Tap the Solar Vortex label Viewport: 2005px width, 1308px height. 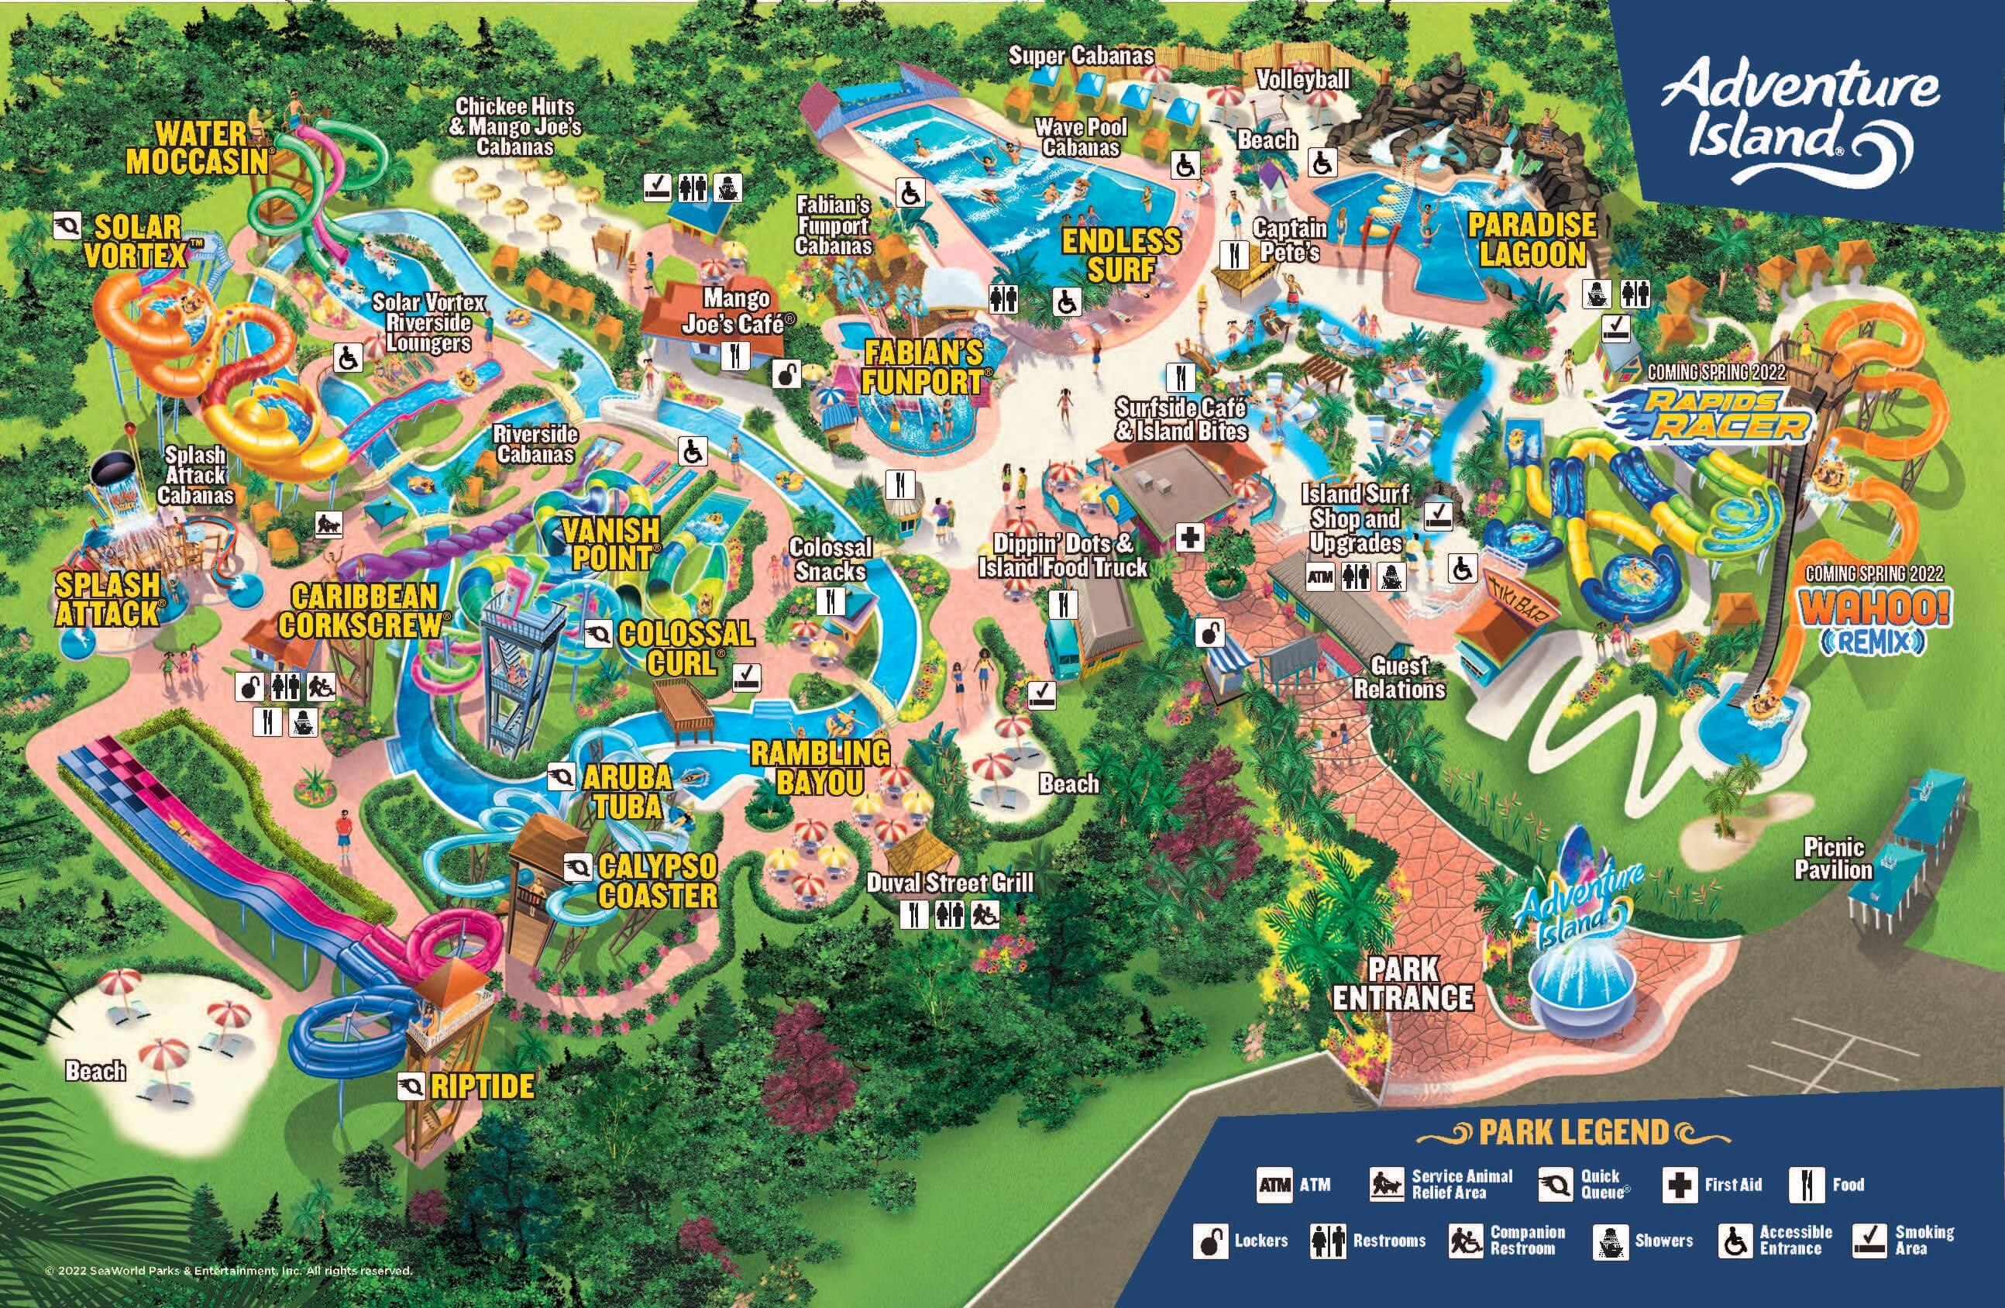tap(136, 241)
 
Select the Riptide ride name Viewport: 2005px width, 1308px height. tap(482, 1086)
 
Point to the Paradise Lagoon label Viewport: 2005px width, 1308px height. tap(1532, 239)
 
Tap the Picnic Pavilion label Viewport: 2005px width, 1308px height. tap(1833, 859)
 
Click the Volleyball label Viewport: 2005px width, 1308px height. tap(1302, 79)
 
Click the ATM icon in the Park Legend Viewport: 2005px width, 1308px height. tap(1274, 1185)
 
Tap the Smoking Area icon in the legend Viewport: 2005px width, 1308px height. tap(1869, 1240)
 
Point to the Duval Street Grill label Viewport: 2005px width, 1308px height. tap(949, 883)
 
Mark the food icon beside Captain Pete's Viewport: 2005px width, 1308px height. tap(1234, 253)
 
